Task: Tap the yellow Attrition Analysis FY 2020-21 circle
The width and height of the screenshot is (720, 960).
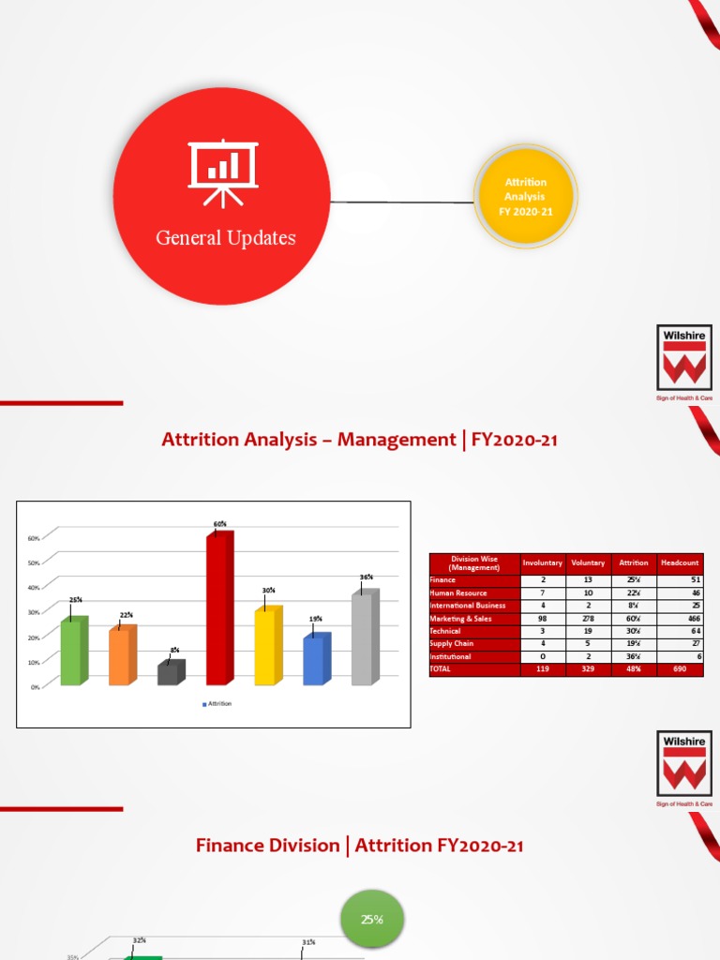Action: pos(525,196)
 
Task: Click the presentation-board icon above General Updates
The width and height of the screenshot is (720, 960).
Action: pos(223,172)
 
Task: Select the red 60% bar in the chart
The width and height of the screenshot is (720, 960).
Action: pos(219,608)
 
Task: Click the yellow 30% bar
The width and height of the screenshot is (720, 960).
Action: pos(267,646)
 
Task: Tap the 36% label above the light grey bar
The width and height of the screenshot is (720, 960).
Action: pos(367,577)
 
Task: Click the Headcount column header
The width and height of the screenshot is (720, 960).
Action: pos(680,562)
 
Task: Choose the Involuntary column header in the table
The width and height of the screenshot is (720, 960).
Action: pos(542,562)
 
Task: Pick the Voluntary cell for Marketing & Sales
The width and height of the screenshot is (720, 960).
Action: pos(588,619)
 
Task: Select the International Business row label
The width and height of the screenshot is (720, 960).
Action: pos(467,606)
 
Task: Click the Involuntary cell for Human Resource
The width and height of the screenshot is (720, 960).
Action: pos(542,593)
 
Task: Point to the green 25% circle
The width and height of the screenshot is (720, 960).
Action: pos(372,920)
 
